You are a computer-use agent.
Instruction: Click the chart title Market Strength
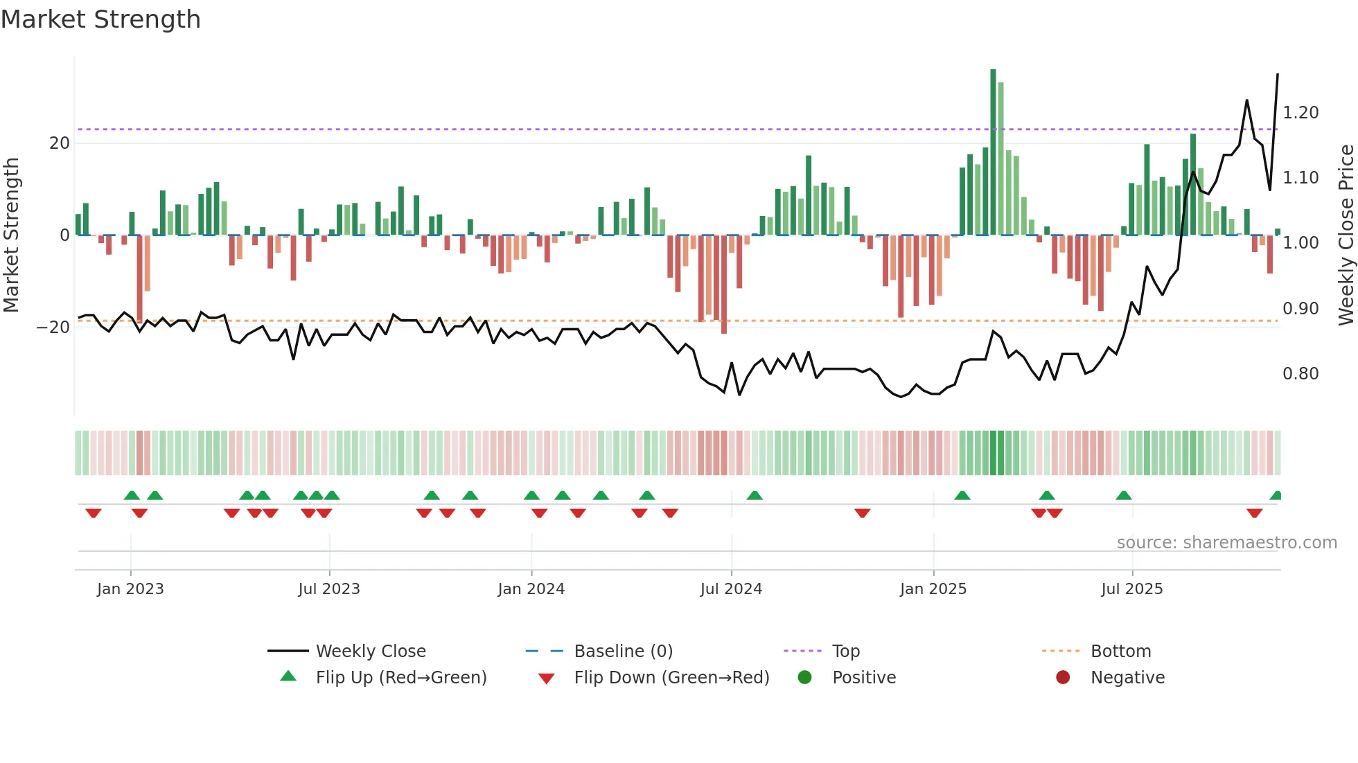click(100, 19)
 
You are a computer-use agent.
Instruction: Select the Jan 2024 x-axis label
click(531, 589)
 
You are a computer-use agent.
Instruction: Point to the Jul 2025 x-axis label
click(1131, 589)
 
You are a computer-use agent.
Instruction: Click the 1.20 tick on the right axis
click(1300, 113)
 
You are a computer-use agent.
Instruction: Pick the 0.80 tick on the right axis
click(1300, 374)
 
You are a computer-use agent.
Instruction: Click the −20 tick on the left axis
click(53, 327)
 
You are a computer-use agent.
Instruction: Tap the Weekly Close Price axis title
click(1346, 235)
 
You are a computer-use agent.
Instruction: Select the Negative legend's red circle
click(1062, 678)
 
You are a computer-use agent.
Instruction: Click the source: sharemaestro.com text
click(1226, 543)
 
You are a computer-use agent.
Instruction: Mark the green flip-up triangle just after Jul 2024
click(755, 495)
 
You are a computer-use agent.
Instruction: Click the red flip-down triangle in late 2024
click(862, 513)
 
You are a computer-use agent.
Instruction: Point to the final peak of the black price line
click(1277, 74)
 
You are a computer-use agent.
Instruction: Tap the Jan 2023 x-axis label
click(130, 589)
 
